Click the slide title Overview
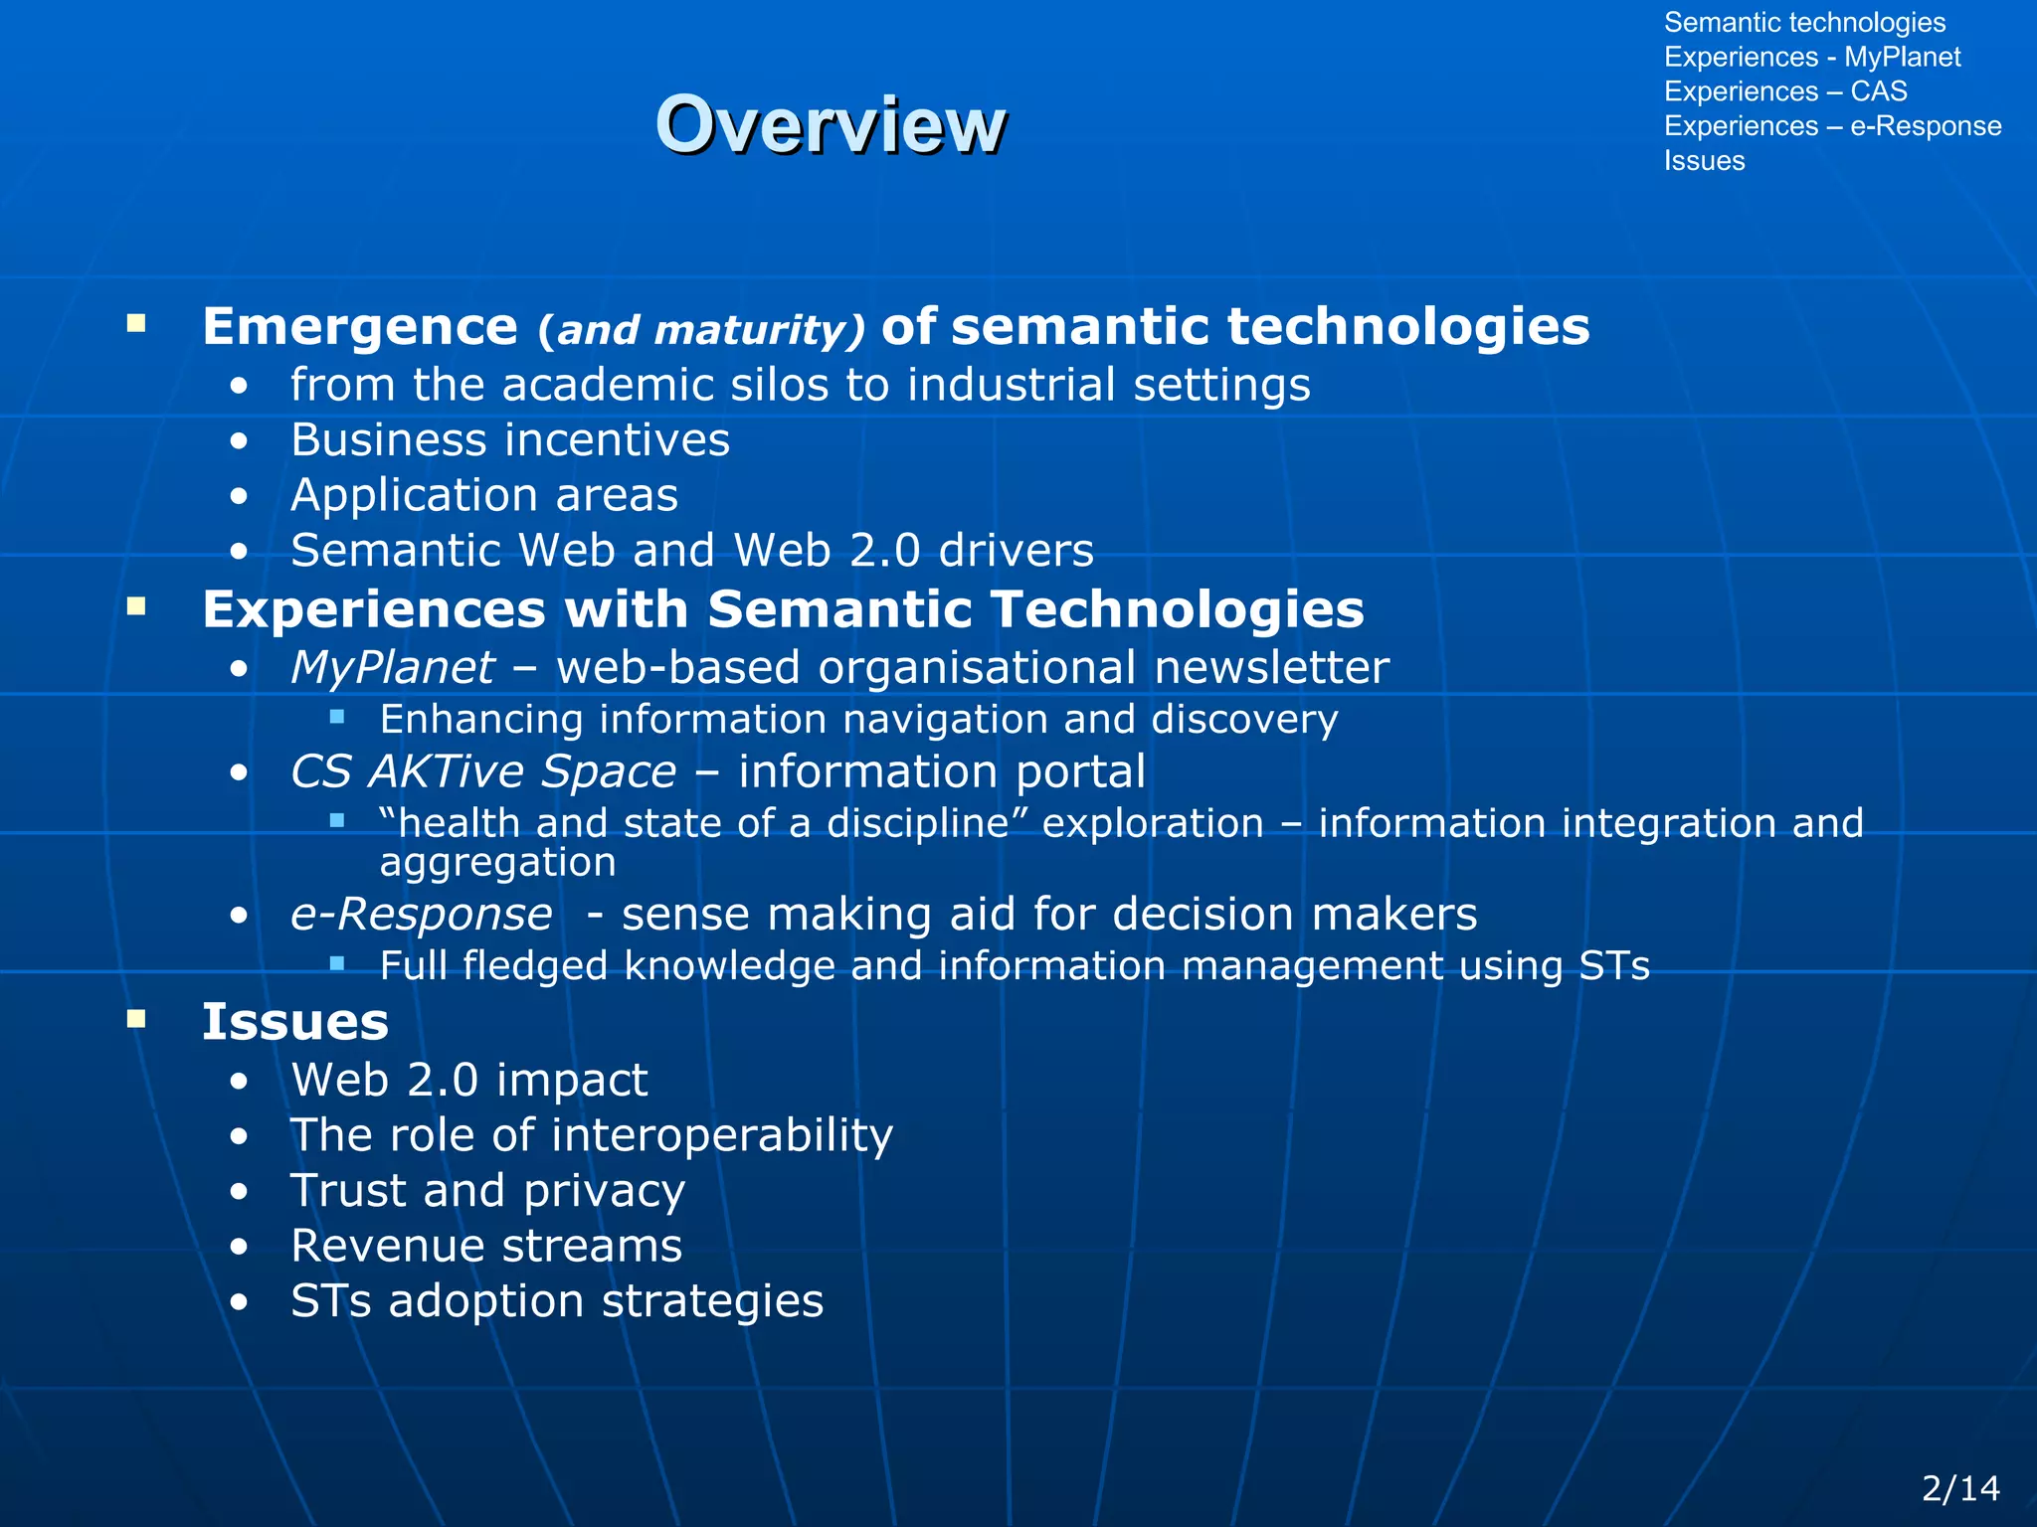[831, 124]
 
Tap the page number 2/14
[1960, 1488]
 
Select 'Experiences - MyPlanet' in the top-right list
[1811, 57]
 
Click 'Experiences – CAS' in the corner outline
[1785, 91]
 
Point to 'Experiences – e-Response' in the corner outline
[1832, 126]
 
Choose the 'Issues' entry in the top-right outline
[1704, 161]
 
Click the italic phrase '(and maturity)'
[701, 330]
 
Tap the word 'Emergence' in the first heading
[360, 326]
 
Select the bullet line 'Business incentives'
[509, 440]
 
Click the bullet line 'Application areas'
[483, 495]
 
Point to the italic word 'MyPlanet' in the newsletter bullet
[392, 667]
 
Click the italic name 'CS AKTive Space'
[483, 771]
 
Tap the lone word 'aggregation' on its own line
[497, 862]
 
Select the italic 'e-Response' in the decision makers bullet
[421, 915]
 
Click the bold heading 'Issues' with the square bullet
[294, 1022]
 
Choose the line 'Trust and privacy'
[487, 1191]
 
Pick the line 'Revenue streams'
[486, 1246]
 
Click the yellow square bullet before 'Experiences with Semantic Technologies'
[137, 606]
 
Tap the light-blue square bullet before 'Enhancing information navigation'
[337, 717]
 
